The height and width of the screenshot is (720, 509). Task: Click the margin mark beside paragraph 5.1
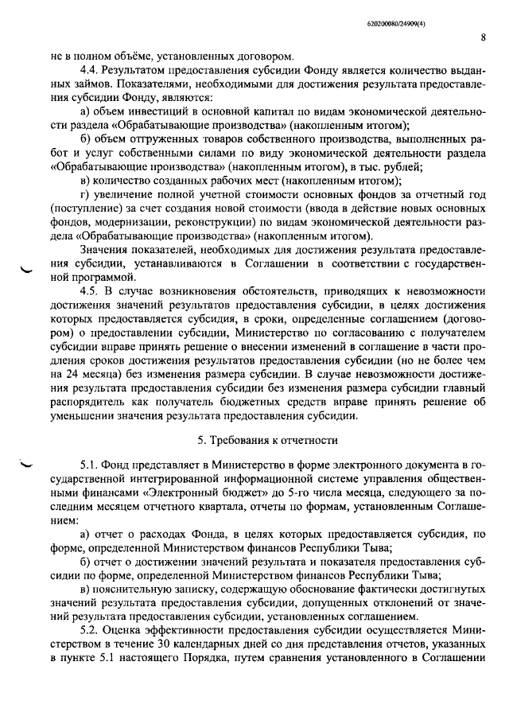(x=29, y=464)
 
